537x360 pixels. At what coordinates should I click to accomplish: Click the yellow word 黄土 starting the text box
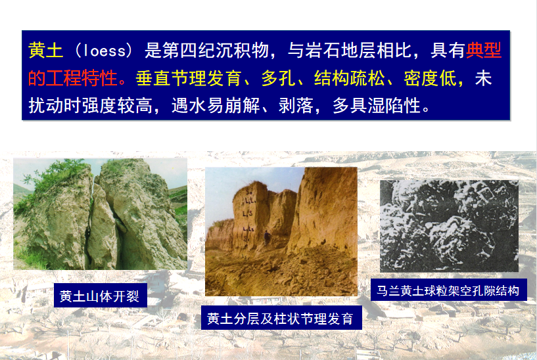(45, 51)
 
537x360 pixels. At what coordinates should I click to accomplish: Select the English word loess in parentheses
(105, 51)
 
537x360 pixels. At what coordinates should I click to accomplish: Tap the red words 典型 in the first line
(484, 51)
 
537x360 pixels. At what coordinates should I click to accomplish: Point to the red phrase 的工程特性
(72, 78)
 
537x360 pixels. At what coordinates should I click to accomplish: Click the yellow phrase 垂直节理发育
(189, 78)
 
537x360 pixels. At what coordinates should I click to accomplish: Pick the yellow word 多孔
(279, 78)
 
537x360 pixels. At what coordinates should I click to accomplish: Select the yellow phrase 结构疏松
(349, 78)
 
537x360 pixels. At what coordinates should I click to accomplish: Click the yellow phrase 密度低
(430, 78)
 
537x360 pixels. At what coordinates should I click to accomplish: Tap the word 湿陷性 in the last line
(394, 105)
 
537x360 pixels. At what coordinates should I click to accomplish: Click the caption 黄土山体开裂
(99, 296)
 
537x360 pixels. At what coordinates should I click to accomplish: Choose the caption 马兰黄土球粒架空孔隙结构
(448, 291)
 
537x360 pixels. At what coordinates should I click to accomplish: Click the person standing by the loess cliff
(266, 237)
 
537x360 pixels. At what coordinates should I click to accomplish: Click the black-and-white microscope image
(449, 226)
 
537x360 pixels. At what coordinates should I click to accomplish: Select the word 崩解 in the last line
(243, 105)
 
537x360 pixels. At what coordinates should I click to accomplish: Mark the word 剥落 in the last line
(296, 105)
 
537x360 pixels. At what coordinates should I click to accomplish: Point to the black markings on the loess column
(248, 214)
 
